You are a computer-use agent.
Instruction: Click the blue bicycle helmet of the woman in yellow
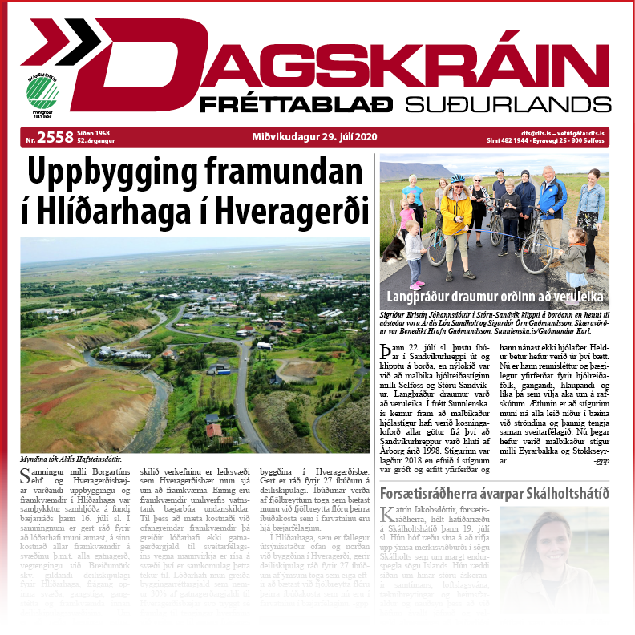[x=457, y=179]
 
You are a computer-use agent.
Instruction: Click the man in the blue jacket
[x=552, y=200]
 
